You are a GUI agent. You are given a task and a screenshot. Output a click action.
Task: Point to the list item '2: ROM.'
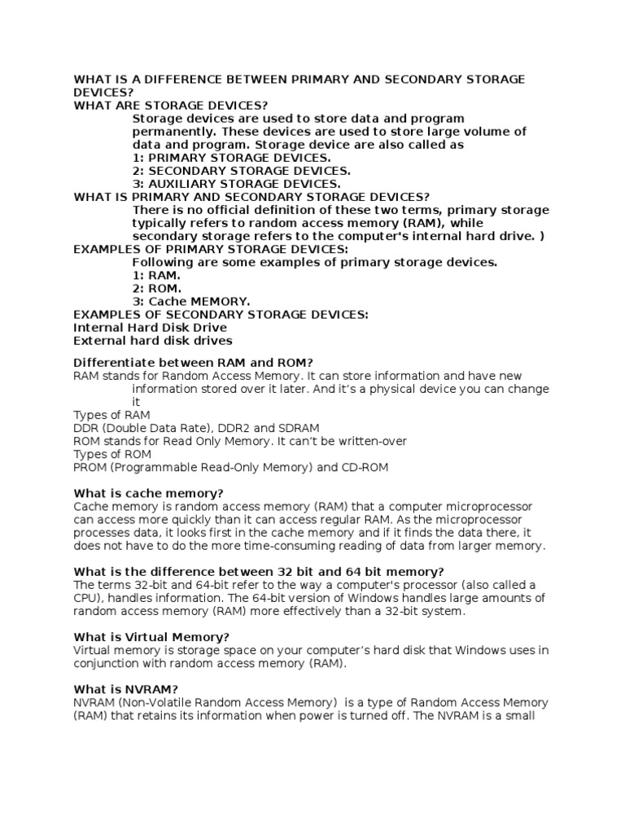click(x=156, y=289)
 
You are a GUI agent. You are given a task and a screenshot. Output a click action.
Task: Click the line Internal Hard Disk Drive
click(x=151, y=328)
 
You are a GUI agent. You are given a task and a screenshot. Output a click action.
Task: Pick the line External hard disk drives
click(x=153, y=341)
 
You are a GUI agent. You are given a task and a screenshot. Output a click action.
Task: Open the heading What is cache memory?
click(x=148, y=493)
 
